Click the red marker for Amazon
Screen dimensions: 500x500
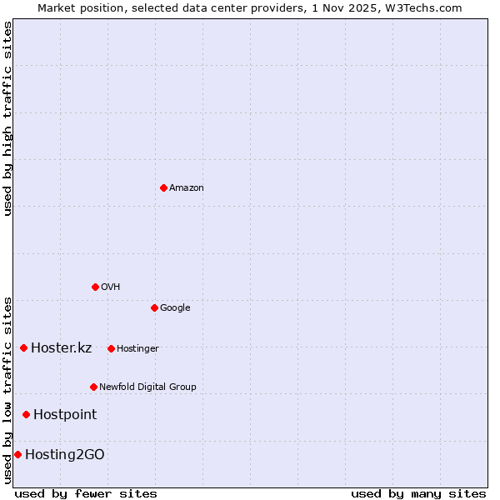(163, 187)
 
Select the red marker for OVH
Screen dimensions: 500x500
(95, 287)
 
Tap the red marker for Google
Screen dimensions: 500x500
(154, 307)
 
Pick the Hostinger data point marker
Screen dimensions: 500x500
(111, 348)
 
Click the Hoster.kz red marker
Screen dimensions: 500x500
(23, 347)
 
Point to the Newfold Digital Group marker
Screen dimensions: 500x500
(93, 387)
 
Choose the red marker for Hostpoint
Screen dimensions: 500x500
(26, 414)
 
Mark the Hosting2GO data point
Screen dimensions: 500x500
(17, 454)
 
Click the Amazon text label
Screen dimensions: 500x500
(187, 188)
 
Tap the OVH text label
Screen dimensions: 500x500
(111, 287)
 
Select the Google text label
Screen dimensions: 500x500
(175, 308)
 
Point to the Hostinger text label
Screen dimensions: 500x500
(137, 348)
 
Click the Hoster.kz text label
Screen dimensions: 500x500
(61, 348)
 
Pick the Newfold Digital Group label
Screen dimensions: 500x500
(147, 387)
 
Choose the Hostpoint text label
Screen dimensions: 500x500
(65, 415)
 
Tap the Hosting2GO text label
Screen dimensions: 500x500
(65, 455)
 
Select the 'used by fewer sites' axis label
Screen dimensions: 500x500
(86, 493)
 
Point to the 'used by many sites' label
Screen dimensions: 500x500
(418, 493)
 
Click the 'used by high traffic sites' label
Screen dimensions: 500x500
(7, 118)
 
